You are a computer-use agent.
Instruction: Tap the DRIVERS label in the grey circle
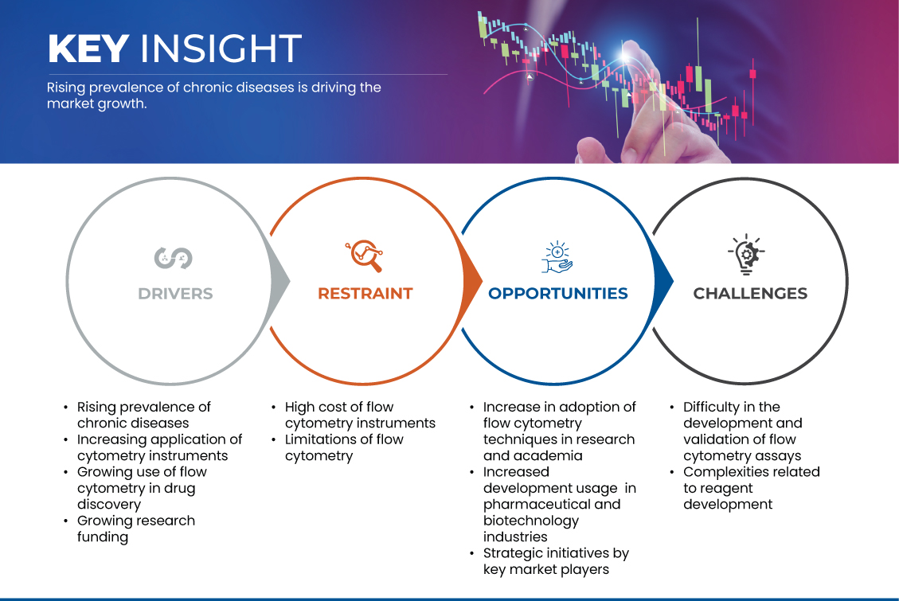coord(175,294)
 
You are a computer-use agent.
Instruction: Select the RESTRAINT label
coord(365,294)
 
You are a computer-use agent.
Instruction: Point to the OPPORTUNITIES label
coord(558,294)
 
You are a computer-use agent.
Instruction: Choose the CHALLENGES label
coord(750,294)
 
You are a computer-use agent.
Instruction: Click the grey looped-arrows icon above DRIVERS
coord(173,258)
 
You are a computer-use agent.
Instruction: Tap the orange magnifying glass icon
coord(364,256)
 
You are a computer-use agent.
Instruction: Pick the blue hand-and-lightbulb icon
coord(557,256)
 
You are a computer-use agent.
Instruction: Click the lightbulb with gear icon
coord(746,255)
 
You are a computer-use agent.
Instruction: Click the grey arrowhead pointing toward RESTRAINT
coord(280,281)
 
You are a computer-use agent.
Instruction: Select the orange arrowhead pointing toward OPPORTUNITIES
coord(472,281)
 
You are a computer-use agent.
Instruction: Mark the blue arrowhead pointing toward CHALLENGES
coord(663,281)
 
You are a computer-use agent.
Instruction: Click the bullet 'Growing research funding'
coord(136,529)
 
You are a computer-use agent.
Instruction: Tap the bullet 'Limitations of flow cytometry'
coord(344,447)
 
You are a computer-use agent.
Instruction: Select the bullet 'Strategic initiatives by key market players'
coord(556,561)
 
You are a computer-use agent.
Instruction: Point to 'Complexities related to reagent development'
coord(751,488)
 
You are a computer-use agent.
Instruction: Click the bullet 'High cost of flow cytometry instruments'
coord(360,415)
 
